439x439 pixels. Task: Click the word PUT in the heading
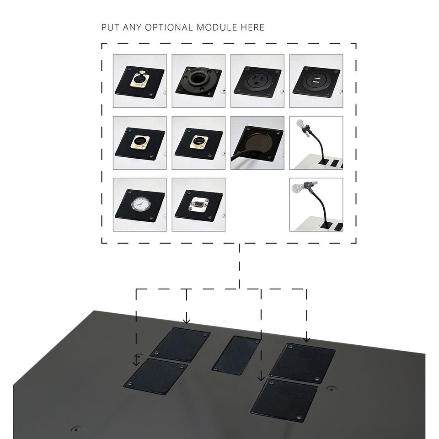(x=111, y=27)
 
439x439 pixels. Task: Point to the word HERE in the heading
(x=253, y=27)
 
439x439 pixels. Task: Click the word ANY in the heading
(x=134, y=27)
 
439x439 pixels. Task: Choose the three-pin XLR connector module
(x=139, y=81)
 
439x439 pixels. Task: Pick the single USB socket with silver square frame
(x=198, y=141)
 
